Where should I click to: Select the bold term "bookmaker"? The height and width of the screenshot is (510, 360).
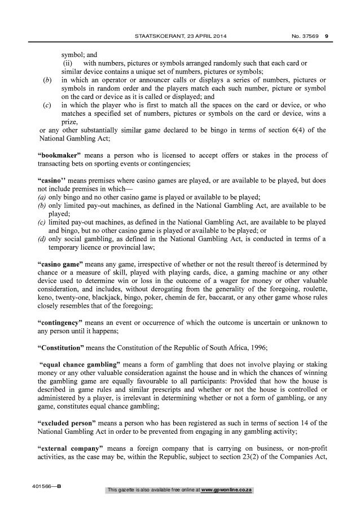[x=60, y=154]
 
